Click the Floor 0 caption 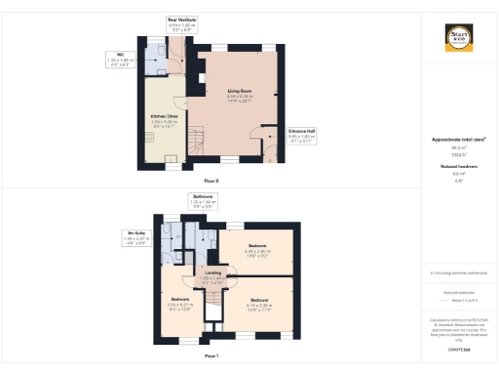coord(211,182)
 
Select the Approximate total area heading coord(458,140)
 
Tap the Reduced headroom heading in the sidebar coord(458,167)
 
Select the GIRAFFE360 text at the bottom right coord(459,347)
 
